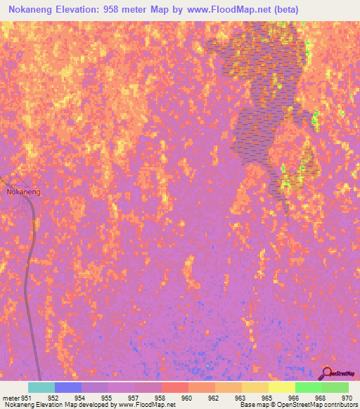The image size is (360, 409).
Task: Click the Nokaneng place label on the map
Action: (x=23, y=191)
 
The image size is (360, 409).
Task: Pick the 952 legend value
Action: (x=53, y=397)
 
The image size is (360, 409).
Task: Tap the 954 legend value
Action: (x=79, y=397)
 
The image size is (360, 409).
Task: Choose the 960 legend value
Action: (x=187, y=397)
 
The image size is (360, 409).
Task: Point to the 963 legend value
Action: (x=240, y=397)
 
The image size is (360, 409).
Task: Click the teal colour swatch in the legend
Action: (x=41, y=387)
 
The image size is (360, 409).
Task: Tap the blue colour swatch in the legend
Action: (x=68, y=387)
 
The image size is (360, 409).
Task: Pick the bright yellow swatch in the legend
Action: (x=282, y=387)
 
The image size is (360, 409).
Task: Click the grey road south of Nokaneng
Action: (x=29, y=281)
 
